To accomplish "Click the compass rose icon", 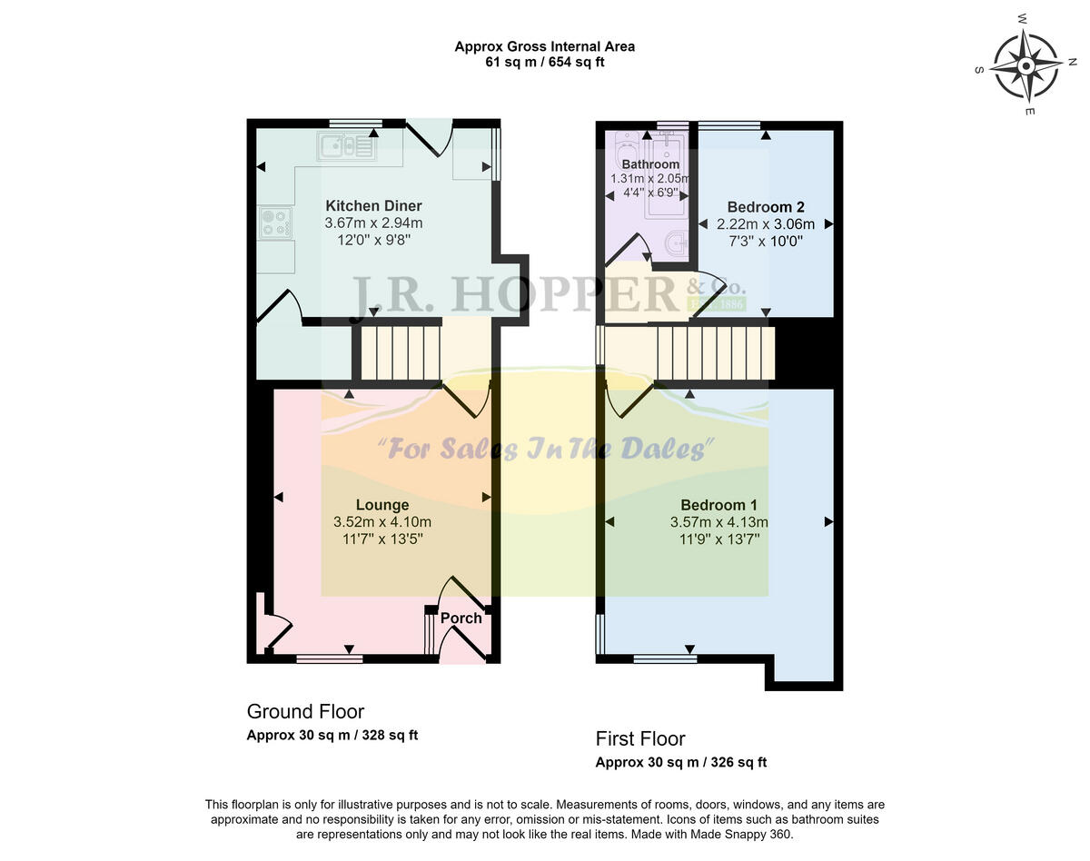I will pyautogui.click(x=1026, y=65).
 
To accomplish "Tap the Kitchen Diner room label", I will pyautogui.click(x=373, y=206).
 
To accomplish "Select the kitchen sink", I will pyautogui.click(x=345, y=145).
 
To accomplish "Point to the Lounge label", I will pyautogui.click(x=381, y=505).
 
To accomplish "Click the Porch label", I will pyautogui.click(x=461, y=619).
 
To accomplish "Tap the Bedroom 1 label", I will pyautogui.click(x=718, y=505).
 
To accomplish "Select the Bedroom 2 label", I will pyautogui.click(x=766, y=207).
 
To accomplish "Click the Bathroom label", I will pyautogui.click(x=650, y=164).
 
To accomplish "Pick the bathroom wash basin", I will pyautogui.click(x=674, y=242).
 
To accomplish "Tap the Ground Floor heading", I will pyautogui.click(x=305, y=711).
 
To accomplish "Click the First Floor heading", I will pyautogui.click(x=640, y=738).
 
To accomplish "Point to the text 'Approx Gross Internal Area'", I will pyautogui.click(x=544, y=46).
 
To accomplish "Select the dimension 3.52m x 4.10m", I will pyautogui.click(x=381, y=522).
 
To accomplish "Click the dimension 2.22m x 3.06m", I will pyautogui.click(x=760, y=224).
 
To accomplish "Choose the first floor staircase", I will pyautogui.click(x=713, y=354).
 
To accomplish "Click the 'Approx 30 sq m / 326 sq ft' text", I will pyautogui.click(x=680, y=763).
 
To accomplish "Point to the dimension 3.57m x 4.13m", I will pyautogui.click(x=718, y=522).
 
